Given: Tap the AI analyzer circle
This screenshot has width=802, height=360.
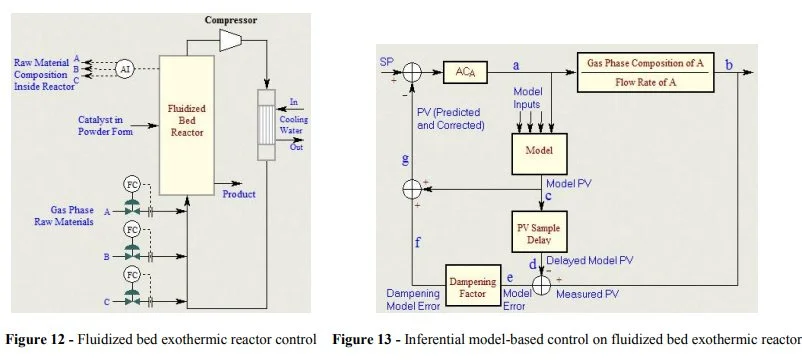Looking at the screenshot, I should pyautogui.click(x=125, y=68).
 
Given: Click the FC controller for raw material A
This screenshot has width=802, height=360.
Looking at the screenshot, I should pyautogui.click(x=132, y=184).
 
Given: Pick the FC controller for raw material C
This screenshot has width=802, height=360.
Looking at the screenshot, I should pyautogui.click(x=132, y=273).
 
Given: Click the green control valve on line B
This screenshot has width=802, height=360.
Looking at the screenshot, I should pyautogui.click(x=132, y=254).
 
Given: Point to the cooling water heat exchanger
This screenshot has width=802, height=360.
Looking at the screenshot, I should pyautogui.click(x=266, y=121).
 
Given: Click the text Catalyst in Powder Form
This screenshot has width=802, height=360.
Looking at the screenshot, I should pyautogui.click(x=108, y=126).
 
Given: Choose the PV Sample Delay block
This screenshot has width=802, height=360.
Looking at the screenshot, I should pyautogui.click(x=540, y=231).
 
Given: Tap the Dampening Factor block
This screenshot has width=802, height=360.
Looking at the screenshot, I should pyautogui.click(x=474, y=284).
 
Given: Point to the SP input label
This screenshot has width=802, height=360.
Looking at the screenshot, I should pyautogui.click(x=387, y=62).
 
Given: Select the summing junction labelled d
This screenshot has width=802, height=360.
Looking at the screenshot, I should pyautogui.click(x=541, y=284).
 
